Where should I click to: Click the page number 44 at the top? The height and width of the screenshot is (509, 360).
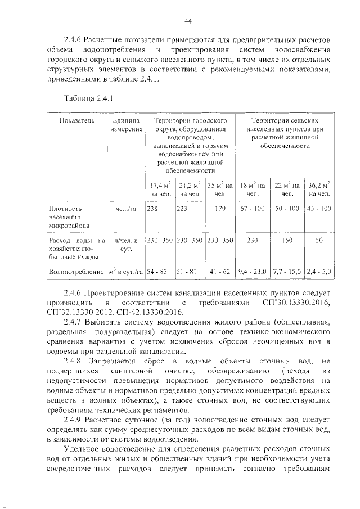pyautogui.click(x=188, y=21)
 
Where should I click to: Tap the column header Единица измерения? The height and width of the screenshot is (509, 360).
pyautogui.click(x=125, y=125)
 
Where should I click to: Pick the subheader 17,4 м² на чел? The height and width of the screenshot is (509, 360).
pyautogui.click(x=160, y=190)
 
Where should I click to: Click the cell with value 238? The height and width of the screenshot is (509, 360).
pyautogui.click(x=152, y=209)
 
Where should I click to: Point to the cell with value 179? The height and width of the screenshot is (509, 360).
pyautogui.click(x=219, y=209)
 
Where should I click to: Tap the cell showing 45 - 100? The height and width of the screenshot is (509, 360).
pyautogui.click(x=319, y=209)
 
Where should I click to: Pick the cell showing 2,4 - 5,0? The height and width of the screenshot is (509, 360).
pyautogui.click(x=319, y=272)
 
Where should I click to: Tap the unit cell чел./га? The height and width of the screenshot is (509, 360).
pyautogui.click(x=125, y=209)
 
